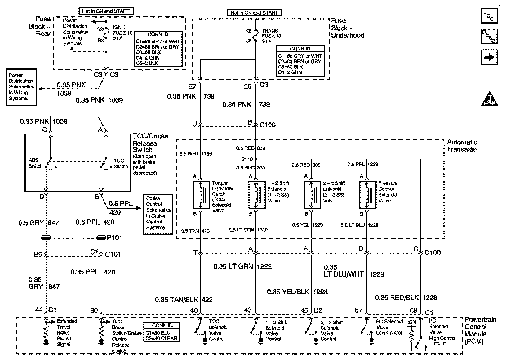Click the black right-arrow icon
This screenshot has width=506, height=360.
489,57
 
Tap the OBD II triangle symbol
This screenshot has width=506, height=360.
490,99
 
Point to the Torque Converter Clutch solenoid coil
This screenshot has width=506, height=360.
201,195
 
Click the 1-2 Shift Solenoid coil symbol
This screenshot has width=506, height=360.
256,195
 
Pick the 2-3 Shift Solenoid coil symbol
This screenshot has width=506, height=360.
312,195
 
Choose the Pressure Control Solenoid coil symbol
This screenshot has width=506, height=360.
367,195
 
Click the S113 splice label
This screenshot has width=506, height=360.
247,159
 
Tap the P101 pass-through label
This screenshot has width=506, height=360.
114,238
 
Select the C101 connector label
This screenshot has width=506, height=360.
113,254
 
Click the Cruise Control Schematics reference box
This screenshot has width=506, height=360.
157,214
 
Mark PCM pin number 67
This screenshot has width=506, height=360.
358,310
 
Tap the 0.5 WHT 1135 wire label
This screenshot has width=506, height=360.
196,153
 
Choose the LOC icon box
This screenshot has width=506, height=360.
489,16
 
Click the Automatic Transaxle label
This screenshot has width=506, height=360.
462,146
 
